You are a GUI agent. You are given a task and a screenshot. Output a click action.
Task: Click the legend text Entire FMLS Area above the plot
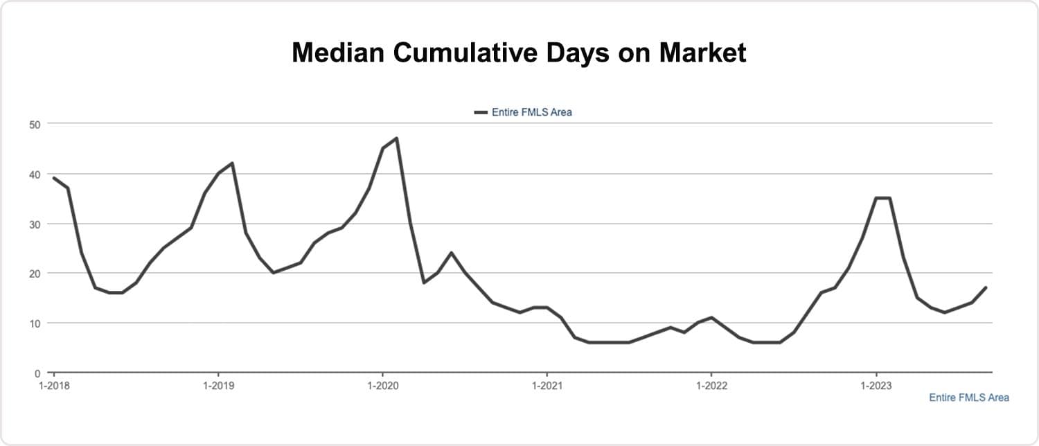531,111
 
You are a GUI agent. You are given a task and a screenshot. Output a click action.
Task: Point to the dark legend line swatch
481,111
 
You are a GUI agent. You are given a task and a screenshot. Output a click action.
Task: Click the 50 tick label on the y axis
35,124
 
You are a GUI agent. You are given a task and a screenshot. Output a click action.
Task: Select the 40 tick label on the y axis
35,174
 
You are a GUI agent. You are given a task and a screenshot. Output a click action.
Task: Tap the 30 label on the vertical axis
35,224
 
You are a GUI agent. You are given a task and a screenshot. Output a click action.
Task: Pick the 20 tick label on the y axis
35,274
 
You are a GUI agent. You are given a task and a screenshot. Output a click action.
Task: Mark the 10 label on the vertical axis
35,323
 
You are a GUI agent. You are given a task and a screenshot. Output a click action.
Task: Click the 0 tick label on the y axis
37,373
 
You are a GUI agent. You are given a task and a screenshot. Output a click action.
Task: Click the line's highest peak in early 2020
396,139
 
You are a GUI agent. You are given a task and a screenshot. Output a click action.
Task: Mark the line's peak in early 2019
232,163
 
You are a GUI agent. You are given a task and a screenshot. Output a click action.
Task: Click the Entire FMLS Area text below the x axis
968,398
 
